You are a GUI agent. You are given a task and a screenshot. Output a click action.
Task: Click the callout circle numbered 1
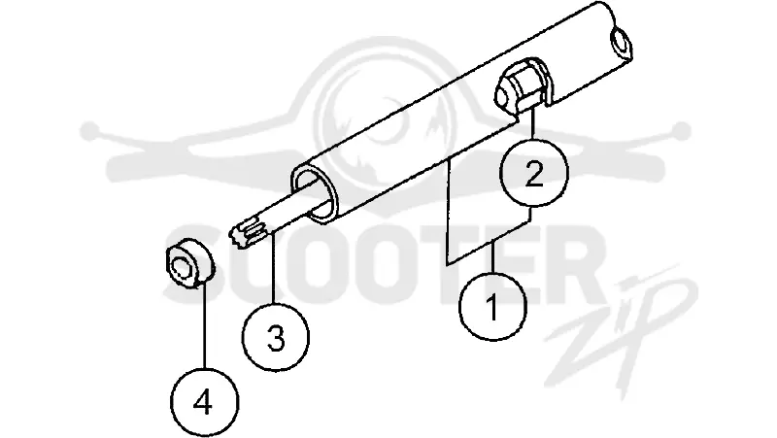[492, 307]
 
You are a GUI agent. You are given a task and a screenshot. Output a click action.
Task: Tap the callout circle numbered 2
[533, 173]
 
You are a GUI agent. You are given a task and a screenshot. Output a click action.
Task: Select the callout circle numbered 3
[276, 337]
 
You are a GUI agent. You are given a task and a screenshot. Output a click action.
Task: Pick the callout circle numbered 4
[204, 401]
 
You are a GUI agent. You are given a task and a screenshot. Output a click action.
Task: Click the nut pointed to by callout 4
[188, 262]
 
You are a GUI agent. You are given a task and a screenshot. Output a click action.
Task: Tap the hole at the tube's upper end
[621, 42]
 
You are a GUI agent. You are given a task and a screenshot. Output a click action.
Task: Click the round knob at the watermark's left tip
[90, 131]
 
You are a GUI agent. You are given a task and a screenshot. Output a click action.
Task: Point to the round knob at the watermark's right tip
[681, 131]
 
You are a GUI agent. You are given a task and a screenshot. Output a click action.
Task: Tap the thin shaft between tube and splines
[292, 209]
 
